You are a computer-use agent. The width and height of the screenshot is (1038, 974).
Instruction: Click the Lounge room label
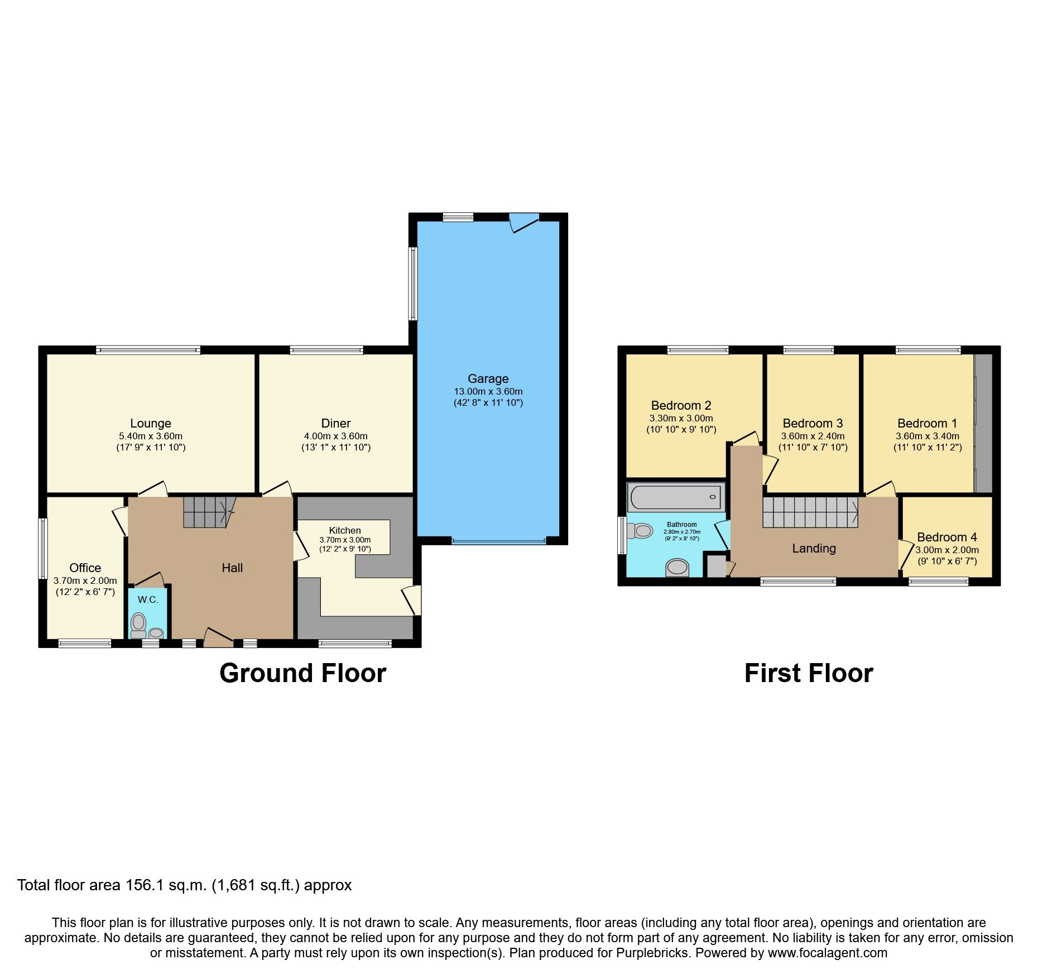(x=150, y=423)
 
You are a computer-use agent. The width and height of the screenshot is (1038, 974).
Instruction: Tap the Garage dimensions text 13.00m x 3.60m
(x=488, y=391)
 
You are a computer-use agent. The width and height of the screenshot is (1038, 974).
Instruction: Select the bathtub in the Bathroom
(x=675, y=497)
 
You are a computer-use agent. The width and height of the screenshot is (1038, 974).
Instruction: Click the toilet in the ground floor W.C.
(x=138, y=624)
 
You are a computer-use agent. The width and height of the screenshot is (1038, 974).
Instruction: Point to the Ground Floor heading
(x=302, y=673)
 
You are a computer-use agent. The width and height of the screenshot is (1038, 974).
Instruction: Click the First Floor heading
(x=808, y=673)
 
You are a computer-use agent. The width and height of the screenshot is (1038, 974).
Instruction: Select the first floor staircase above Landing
(x=809, y=512)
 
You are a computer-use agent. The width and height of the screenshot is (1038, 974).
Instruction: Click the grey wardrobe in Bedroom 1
(x=983, y=423)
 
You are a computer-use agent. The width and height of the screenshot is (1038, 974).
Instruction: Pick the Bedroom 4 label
(x=946, y=537)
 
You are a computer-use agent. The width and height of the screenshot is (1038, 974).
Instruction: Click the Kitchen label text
(x=344, y=530)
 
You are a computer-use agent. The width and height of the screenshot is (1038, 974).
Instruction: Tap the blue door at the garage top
(x=525, y=222)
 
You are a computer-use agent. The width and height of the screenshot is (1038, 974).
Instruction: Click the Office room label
(x=85, y=568)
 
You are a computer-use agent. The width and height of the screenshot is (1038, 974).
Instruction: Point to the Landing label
(x=814, y=548)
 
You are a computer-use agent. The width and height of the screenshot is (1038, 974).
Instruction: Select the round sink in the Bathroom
(x=677, y=568)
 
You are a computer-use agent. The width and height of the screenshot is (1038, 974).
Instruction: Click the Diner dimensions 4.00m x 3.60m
(x=335, y=436)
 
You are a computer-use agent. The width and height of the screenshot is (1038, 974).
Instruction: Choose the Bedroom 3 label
(x=812, y=423)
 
